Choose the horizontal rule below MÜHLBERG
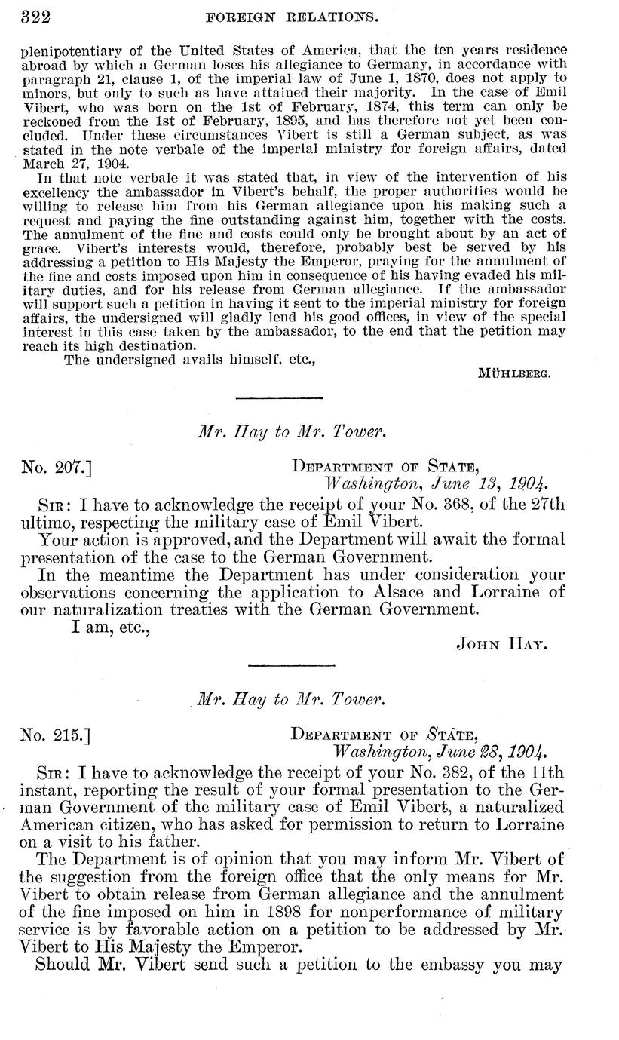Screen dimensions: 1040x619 coord(278,398)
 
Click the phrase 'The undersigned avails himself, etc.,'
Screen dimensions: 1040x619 coord(189,360)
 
